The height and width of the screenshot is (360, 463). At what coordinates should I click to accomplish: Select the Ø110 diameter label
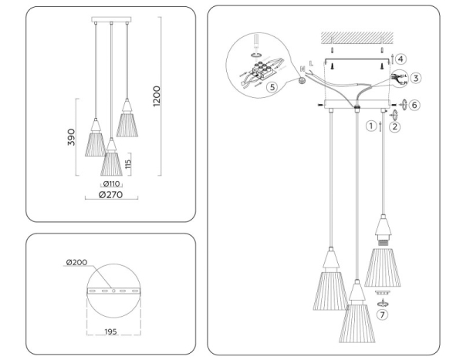click(112, 185)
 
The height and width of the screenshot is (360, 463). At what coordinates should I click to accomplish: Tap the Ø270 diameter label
click(113, 196)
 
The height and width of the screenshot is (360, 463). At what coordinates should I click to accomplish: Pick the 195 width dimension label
click(112, 331)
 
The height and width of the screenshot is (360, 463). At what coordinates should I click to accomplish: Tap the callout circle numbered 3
click(415, 78)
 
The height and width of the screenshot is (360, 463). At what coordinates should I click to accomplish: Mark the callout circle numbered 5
click(271, 87)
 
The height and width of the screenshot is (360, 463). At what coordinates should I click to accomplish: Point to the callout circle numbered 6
click(414, 104)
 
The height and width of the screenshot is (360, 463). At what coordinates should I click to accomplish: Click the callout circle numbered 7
click(383, 315)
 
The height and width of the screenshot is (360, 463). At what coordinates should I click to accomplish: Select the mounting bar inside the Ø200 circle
click(113, 291)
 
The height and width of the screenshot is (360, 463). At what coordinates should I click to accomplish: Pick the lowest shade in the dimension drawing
click(113, 159)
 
